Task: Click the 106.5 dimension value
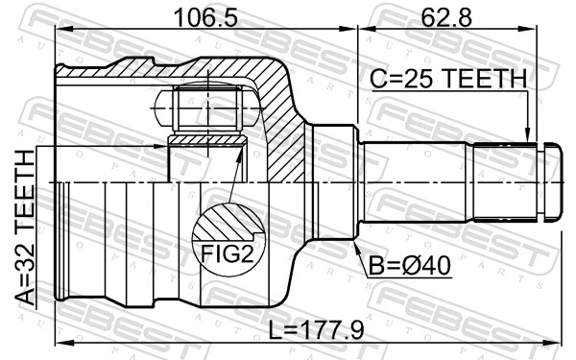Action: coord(200,16)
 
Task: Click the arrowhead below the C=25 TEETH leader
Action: coord(527,136)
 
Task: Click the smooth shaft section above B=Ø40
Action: coord(413,180)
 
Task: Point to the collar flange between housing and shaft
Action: coord(331,180)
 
